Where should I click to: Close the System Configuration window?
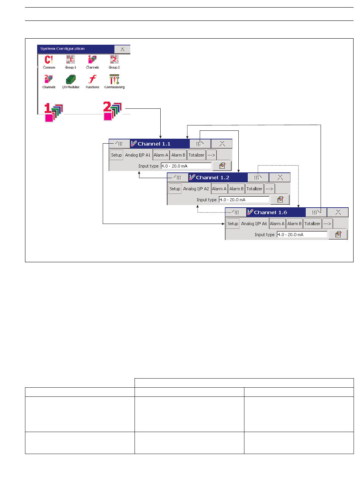122,49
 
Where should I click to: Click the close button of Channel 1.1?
222,144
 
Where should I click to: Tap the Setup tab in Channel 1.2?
175,189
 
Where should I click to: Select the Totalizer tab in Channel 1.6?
313,224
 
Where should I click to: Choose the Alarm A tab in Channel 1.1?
161,155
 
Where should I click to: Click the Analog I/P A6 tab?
254,224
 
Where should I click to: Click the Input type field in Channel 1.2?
244,200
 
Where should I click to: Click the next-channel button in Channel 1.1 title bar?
200,144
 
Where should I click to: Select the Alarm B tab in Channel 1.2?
235,189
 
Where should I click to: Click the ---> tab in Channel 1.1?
211,155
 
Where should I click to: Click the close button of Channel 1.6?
338,213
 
